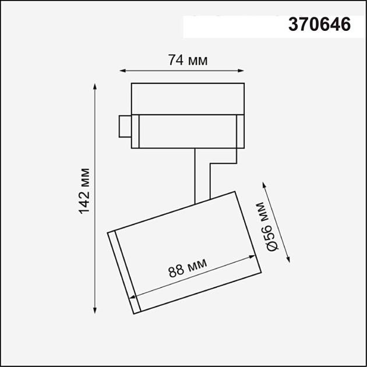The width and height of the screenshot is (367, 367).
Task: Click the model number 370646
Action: coord(320,25)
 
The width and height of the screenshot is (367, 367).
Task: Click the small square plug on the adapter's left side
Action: coord(125,126)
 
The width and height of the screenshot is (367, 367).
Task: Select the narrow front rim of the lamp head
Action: coord(123,270)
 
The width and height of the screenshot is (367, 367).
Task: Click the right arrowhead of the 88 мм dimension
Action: coord(254,256)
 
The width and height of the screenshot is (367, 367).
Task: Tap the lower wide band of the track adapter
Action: coord(187,131)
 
